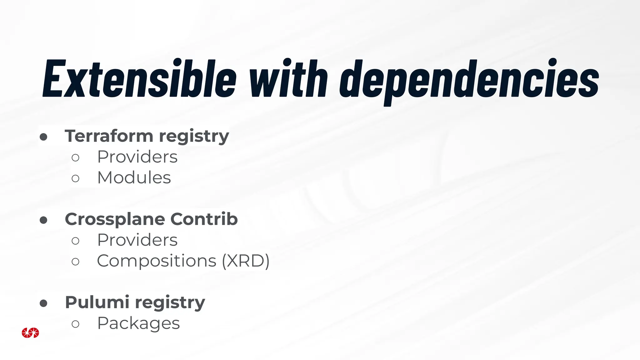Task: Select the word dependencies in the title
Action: (469, 80)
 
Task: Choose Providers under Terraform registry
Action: (137, 157)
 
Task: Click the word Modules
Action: (134, 178)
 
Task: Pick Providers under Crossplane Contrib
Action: (137, 240)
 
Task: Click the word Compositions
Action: (157, 261)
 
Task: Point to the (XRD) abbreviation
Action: (246, 261)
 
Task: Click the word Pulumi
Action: (97, 302)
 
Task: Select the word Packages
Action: (138, 323)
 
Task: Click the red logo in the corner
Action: (30, 333)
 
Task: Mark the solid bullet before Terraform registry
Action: (43, 137)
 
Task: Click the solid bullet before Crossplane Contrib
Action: (43, 220)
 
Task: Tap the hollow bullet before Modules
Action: (75, 178)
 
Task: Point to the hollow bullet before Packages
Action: (75, 324)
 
